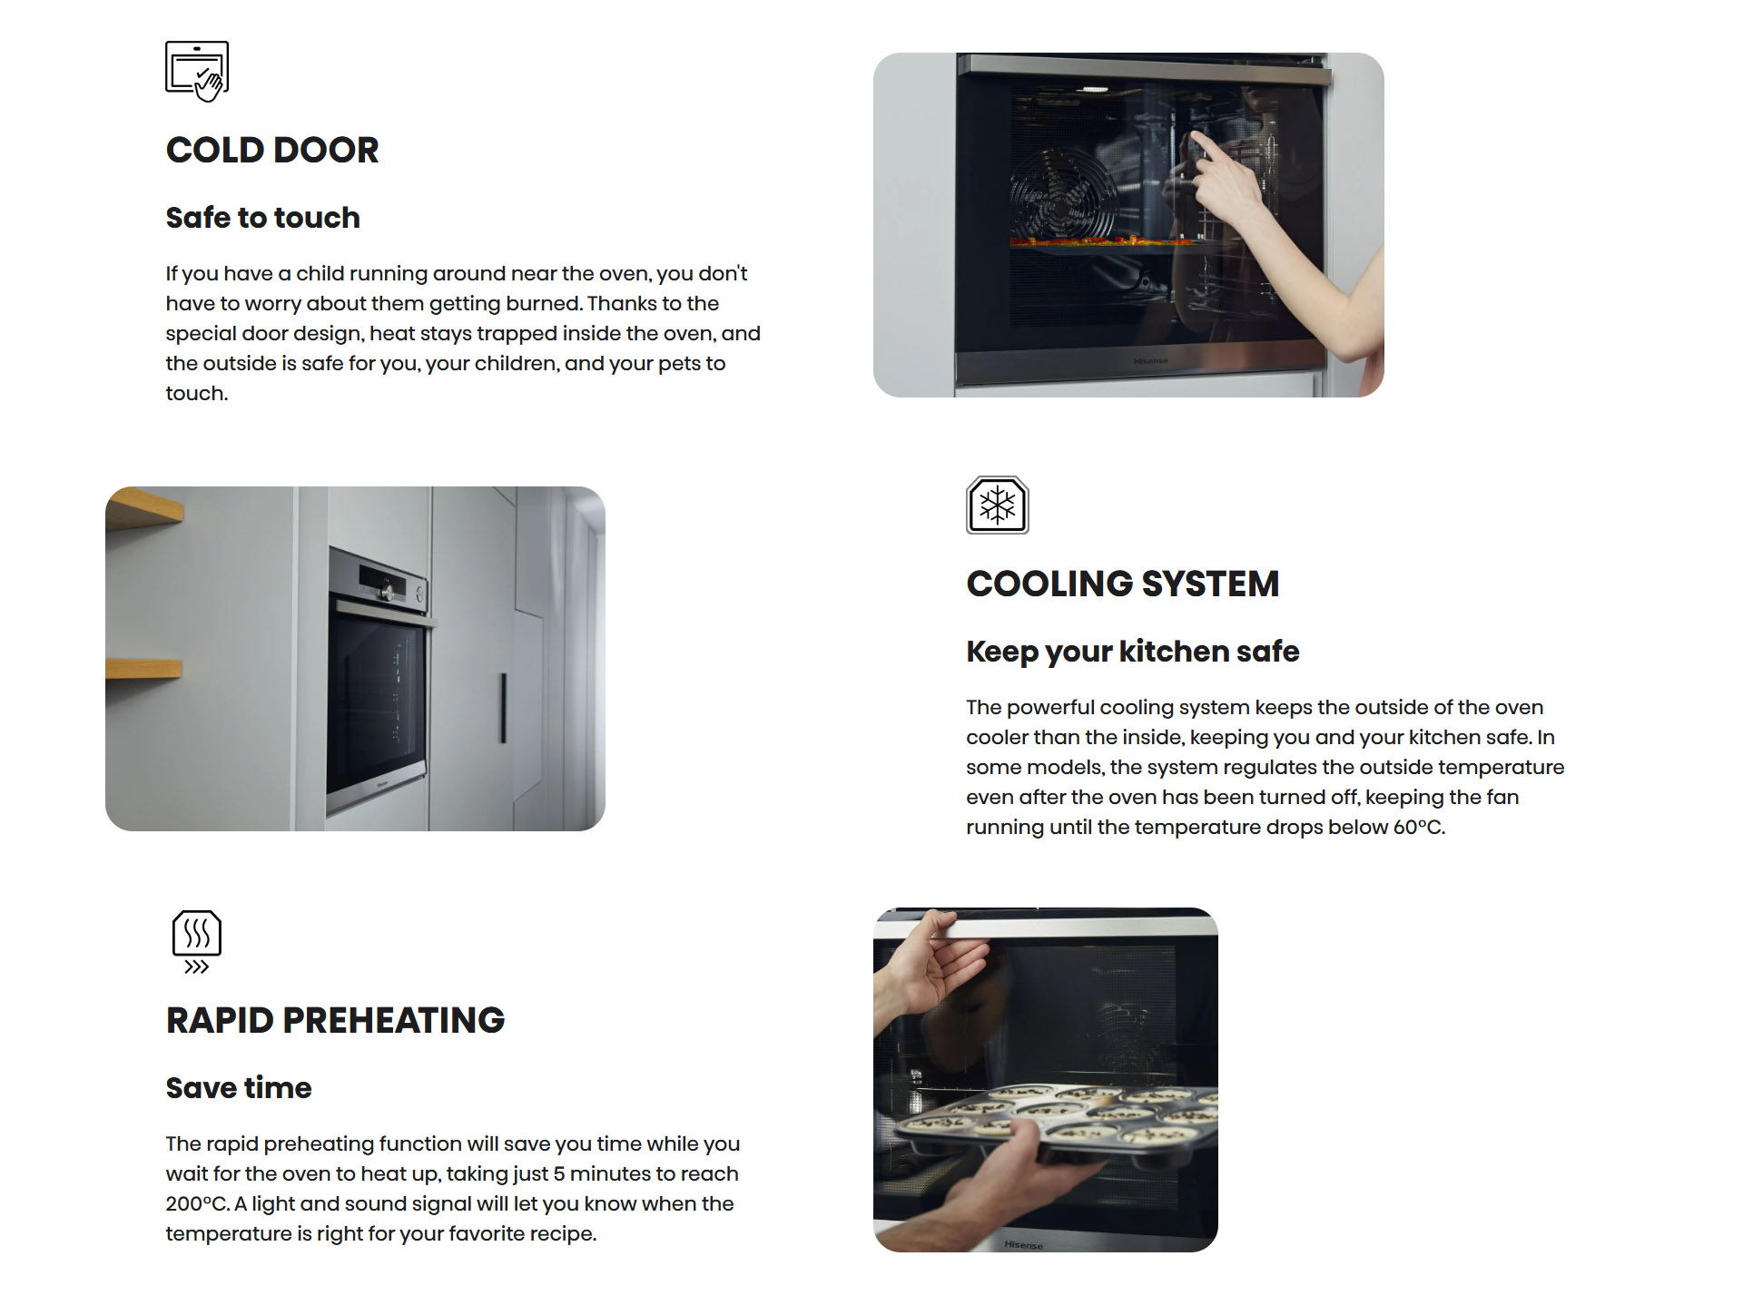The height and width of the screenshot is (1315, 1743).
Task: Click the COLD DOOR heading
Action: click(272, 150)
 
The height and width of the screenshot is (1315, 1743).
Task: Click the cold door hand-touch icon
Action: click(197, 71)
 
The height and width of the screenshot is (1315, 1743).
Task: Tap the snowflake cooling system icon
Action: click(997, 505)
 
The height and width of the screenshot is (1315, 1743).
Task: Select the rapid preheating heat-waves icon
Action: click(197, 942)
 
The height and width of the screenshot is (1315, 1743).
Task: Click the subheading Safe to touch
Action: click(262, 218)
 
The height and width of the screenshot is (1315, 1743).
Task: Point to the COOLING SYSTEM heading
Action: click(1122, 584)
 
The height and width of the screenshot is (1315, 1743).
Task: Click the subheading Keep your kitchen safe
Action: click(1132, 652)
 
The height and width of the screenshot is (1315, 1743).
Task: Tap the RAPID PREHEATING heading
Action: click(335, 1020)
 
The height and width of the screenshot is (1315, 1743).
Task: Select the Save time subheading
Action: click(239, 1088)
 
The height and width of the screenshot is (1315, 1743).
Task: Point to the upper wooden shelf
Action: click(145, 509)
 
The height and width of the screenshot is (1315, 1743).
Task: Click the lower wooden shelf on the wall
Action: click(143, 669)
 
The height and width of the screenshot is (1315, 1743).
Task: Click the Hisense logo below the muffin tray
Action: click(1024, 1245)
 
